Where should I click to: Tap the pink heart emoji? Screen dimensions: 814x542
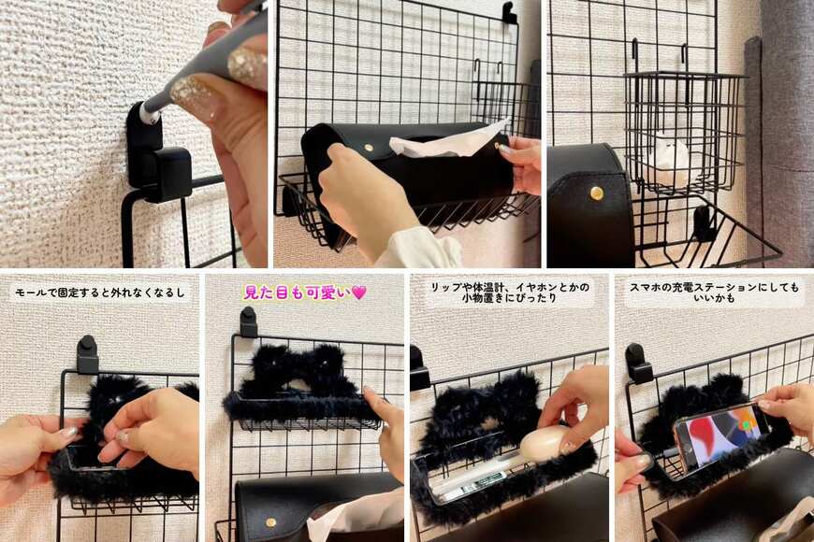click(x=358, y=292)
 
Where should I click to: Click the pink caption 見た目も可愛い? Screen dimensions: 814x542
click(x=298, y=292)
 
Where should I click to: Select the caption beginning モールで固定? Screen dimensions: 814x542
click(x=100, y=292)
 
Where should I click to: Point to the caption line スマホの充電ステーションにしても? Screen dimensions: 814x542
click(x=714, y=287)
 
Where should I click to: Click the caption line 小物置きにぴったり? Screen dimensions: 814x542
click(x=509, y=298)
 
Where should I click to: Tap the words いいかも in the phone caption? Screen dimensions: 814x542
click(x=714, y=298)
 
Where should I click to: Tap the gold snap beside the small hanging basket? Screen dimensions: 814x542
click(x=597, y=193)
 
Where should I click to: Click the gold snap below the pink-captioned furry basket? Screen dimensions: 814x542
click(x=269, y=521)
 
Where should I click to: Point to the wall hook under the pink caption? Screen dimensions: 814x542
click(x=249, y=321)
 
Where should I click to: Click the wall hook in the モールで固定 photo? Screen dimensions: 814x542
click(x=87, y=354)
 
